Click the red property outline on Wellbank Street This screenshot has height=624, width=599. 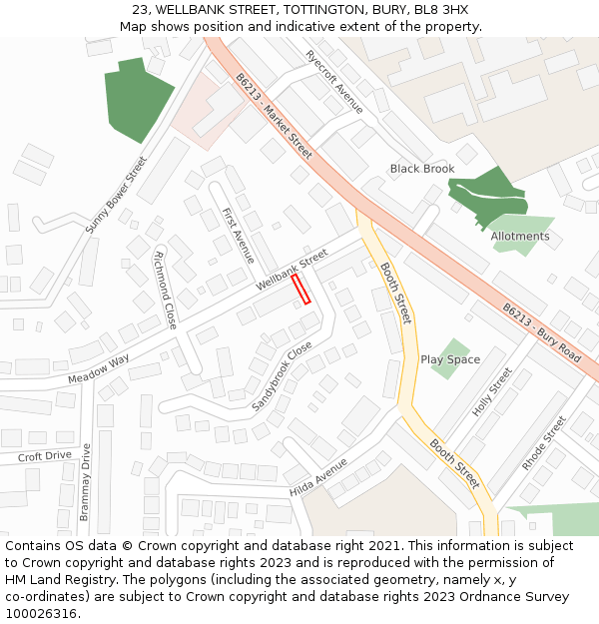point(300,290)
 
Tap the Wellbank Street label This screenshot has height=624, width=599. point(292,270)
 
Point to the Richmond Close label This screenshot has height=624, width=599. point(165,290)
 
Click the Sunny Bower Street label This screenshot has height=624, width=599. point(116,195)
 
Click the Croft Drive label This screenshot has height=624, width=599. point(45,456)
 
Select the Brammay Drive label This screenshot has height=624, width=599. point(85,483)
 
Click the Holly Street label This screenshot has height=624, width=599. point(492,391)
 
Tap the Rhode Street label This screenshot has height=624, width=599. point(544,443)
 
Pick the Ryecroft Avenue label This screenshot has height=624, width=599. point(334,82)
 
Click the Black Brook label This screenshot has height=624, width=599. point(422,169)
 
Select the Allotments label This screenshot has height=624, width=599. point(520,237)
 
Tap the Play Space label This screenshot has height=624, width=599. point(450,359)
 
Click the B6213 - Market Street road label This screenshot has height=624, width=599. point(274,116)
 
